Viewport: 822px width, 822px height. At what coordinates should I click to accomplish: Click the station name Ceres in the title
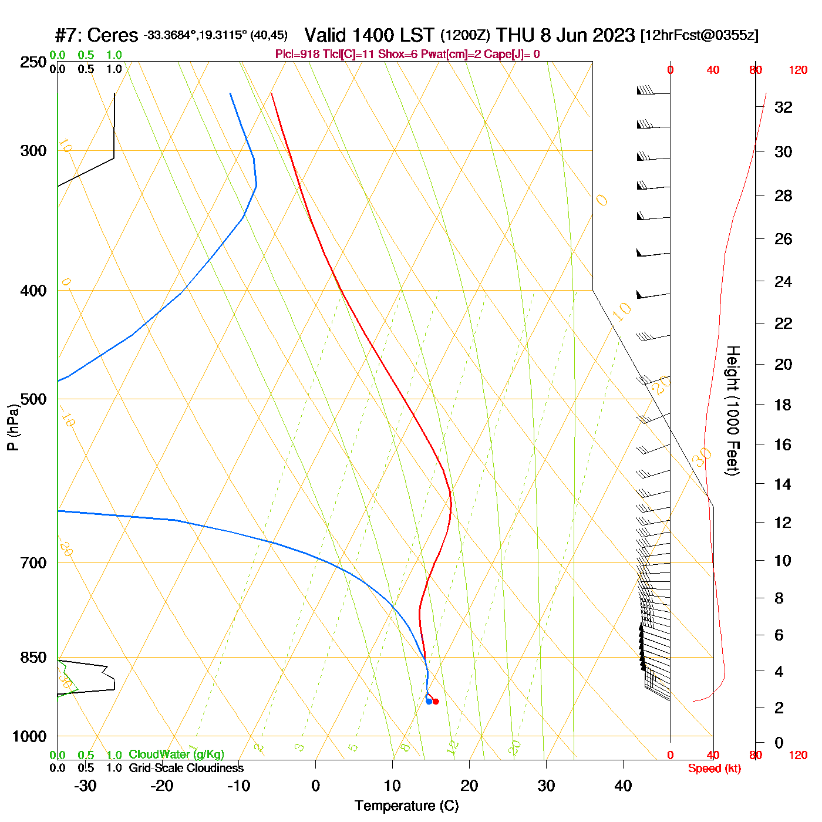click(x=112, y=35)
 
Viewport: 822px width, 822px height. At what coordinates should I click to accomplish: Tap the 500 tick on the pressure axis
click(x=33, y=399)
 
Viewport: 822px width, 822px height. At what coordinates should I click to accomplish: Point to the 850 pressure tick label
click(x=33, y=658)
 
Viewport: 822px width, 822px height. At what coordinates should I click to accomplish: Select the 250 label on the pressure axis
click(x=33, y=62)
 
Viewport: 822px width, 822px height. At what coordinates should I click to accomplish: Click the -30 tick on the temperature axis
click(x=85, y=786)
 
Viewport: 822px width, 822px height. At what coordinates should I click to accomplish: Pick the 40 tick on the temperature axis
click(x=623, y=786)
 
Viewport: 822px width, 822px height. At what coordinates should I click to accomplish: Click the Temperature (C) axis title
click(x=406, y=806)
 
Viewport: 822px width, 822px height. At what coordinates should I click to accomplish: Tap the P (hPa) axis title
click(x=13, y=427)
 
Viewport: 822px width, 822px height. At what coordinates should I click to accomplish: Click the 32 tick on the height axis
click(x=783, y=107)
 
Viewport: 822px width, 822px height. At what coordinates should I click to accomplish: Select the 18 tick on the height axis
click(x=783, y=405)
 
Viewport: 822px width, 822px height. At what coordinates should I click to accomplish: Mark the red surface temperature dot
click(x=436, y=702)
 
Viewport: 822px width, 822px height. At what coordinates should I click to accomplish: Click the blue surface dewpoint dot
click(x=429, y=701)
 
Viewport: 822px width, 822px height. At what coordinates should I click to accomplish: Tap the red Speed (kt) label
click(x=714, y=769)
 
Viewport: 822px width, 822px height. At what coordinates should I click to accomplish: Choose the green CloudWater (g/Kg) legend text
click(x=176, y=754)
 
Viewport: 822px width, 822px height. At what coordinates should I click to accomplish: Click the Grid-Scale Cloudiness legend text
click(x=186, y=768)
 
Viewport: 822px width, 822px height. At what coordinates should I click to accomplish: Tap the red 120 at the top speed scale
click(x=798, y=70)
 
